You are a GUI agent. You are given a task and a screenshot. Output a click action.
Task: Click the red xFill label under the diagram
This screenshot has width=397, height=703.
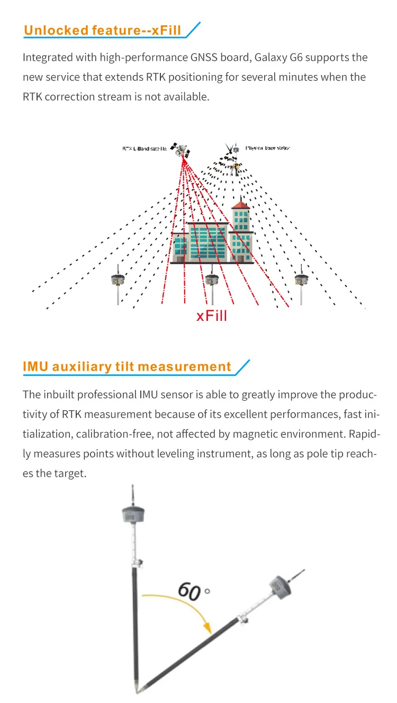(212, 316)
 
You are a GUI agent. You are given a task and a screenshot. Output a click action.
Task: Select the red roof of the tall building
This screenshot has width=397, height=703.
(241, 204)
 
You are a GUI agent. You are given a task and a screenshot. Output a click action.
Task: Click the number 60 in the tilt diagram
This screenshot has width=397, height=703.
(189, 591)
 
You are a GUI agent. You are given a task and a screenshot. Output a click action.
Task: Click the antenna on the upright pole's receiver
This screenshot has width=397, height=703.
(132, 495)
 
